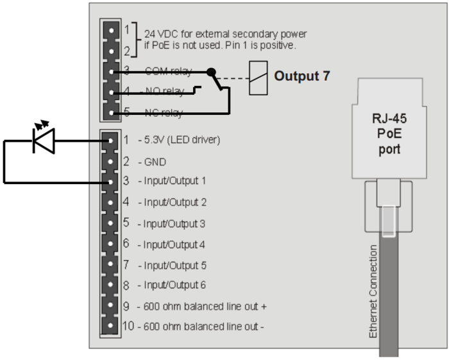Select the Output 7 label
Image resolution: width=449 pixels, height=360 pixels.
point(302,76)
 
